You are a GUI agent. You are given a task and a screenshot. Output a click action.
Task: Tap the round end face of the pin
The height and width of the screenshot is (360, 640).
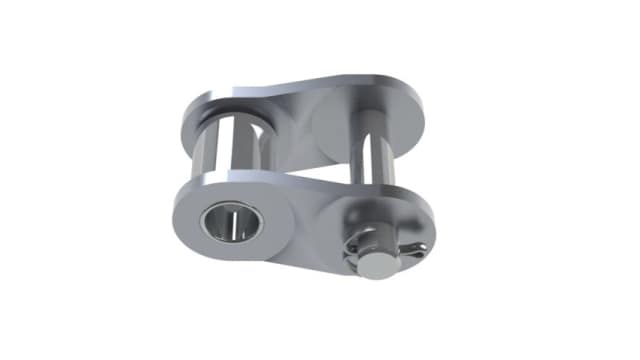[x=374, y=262]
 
